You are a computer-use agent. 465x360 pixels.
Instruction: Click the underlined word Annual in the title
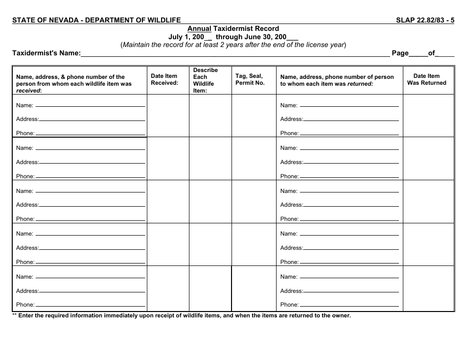[x=199, y=28]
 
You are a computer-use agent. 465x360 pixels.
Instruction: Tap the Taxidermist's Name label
[x=46, y=53]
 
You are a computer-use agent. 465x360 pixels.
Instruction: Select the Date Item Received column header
[x=164, y=79]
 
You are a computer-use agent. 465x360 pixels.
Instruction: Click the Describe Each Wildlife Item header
[x=205, y=80]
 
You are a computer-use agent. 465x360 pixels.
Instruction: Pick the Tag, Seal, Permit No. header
[x=250, y=79]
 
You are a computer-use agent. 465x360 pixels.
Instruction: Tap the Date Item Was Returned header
[x=426, y=79]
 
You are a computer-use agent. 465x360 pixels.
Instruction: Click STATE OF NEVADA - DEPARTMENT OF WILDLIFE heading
[x=96, y=20]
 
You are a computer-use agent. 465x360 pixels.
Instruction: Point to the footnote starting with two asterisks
[x=181, y=315]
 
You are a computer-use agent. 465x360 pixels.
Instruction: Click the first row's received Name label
[x=24, y=105]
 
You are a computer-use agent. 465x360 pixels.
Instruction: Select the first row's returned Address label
[x=291, y=119]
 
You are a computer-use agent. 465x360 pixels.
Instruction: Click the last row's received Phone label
[x=25, y=305]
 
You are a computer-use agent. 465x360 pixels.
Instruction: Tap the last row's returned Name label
[x=288, y=277]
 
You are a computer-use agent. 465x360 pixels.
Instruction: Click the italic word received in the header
[x=28, y=91]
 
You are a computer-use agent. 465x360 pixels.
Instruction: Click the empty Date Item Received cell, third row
[x=168, y=202]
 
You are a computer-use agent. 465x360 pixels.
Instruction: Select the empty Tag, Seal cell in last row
[x=254, y=288]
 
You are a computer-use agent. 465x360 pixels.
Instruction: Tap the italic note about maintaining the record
[x=233, y=45]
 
